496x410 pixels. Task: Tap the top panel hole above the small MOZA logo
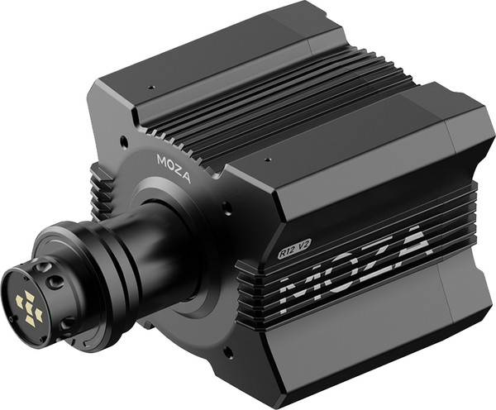pos(150,88)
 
